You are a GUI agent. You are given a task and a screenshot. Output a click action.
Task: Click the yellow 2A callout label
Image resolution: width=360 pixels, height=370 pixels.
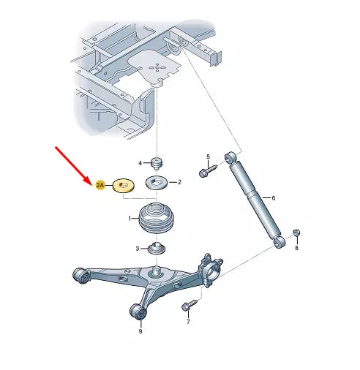tap(100, 185)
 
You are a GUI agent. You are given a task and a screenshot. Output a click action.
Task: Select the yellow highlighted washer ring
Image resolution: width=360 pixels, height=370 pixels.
tap(124, 186)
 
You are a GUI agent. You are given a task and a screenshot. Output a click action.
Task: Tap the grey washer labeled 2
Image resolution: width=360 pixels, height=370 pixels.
tap(156, 182)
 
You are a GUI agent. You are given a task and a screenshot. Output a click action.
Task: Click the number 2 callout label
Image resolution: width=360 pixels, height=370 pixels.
tap(179, 182)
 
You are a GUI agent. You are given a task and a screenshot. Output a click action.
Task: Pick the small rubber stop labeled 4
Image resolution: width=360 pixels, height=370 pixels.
tap(157, 163)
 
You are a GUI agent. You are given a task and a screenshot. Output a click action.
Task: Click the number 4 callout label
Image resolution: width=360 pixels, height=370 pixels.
tap(140, 163)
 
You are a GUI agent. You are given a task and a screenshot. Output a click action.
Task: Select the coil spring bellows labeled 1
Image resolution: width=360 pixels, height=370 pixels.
tap(157, 219)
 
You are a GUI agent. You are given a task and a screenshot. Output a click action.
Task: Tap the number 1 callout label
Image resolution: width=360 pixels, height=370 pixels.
tap(130, 219)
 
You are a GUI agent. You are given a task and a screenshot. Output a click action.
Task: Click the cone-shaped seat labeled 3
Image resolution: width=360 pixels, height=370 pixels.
tap(157, 249)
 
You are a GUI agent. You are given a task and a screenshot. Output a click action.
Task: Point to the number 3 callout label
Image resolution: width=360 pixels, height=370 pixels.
tap(138, 249)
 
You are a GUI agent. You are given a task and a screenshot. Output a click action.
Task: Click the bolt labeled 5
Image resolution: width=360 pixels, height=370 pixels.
tap(208, 171)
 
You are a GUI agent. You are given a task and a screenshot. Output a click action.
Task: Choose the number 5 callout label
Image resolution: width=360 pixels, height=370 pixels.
tap(208, 156)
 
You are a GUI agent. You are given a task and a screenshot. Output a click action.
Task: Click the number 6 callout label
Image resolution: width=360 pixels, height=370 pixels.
tap(274, 198)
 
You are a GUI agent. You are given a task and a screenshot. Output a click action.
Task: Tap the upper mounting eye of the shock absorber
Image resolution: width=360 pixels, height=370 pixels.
tap(230, 156)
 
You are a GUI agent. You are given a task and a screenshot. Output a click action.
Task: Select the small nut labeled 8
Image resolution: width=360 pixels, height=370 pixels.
tap(296, 233)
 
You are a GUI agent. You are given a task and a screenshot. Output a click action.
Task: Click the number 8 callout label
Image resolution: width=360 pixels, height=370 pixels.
tap(296, 248)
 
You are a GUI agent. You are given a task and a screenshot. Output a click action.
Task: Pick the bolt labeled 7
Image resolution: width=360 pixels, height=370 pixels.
tap(190, 305)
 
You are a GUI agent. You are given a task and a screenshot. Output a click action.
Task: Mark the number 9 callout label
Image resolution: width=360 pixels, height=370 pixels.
tap(140, 331)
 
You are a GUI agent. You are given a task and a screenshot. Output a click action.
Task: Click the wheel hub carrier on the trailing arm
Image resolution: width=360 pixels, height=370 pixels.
tap(211, 271)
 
